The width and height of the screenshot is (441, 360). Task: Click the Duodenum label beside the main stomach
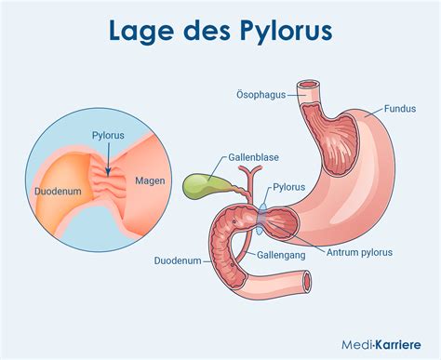pos(177,261)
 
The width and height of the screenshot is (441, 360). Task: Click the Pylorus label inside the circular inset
pos(108,135)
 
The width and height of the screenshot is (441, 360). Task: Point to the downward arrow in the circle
pos(108,164)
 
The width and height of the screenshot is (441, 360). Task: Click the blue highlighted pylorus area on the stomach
pos(266,216)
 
